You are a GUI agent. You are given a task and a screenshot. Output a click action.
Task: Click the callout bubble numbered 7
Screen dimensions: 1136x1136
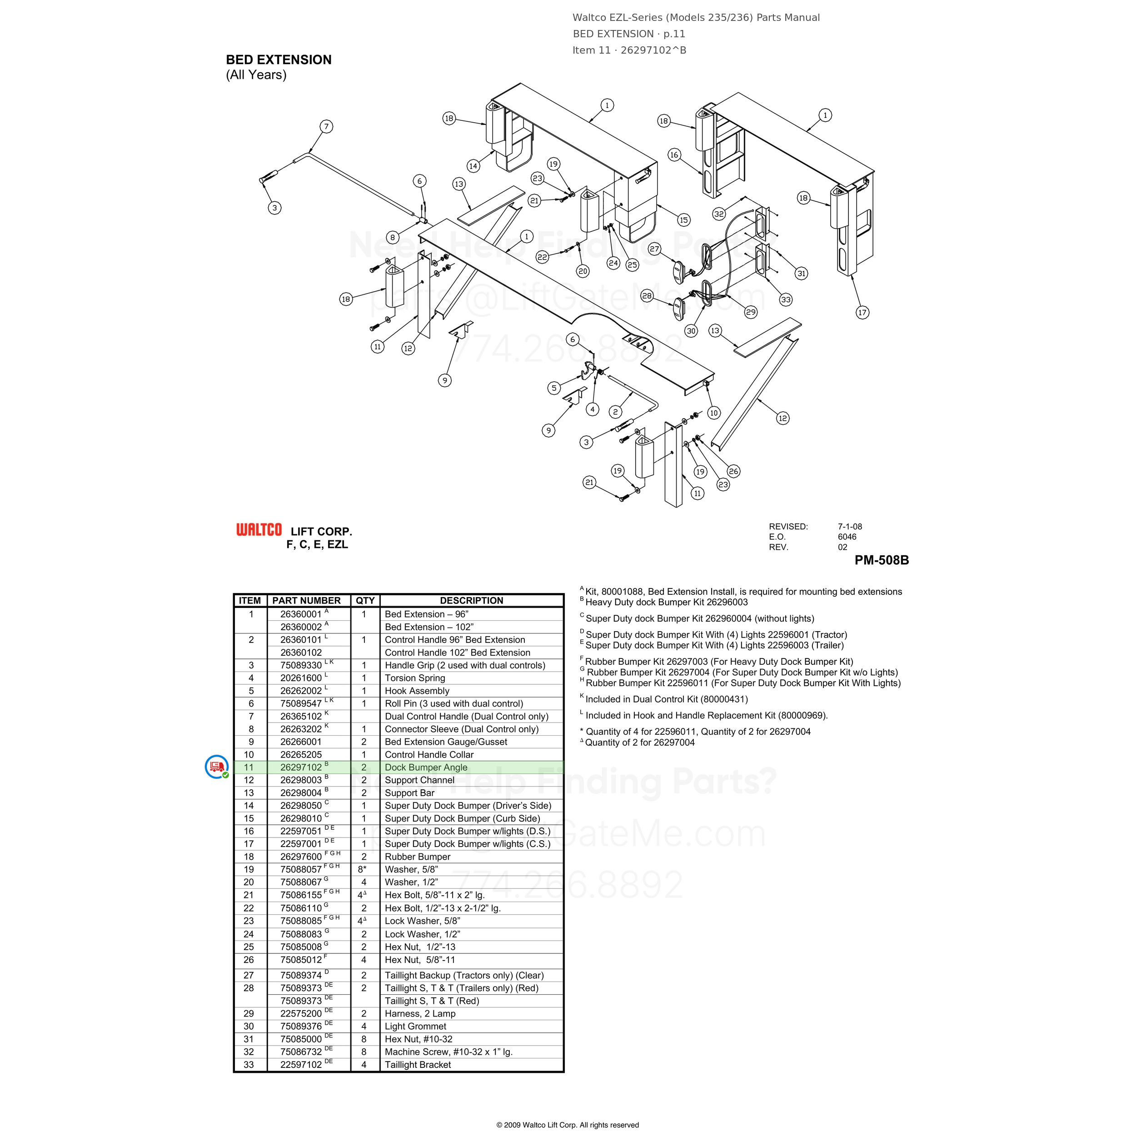[x=326, y=126]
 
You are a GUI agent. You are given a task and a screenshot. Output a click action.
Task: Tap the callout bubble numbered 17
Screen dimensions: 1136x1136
[x=862, y=312]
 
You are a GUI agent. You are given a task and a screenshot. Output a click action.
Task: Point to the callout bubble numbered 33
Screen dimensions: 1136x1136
[x=786, y=299]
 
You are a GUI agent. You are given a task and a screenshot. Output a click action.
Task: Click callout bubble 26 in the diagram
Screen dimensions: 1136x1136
[x=733, y=471]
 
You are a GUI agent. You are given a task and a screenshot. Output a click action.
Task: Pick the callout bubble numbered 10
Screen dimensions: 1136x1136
[x=714, y=413]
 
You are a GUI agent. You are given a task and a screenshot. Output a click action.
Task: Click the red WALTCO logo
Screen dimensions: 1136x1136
[x=259, y=530]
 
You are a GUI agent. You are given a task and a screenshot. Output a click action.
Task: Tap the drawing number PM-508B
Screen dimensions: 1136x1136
[x=882, y=560]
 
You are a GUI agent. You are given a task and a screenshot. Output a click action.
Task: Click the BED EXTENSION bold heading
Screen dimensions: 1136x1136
[x=279, y=60]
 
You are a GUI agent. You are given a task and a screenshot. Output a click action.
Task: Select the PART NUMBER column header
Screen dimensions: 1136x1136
[x=306, y=600]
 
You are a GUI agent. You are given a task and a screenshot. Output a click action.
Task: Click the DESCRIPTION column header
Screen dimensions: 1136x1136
[x=472, y=600]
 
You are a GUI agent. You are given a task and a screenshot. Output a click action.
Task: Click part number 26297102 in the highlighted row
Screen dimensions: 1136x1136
[x=301, y=767]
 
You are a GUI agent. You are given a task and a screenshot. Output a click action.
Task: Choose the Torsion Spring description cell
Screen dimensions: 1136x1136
[x=415, y=678]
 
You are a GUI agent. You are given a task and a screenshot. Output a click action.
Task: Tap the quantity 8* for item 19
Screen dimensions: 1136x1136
[x=362, y=869]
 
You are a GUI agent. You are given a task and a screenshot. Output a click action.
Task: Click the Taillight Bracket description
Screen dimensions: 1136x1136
[x=418, y=1064]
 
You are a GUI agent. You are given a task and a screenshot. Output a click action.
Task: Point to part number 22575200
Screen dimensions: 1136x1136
[x=301, y=1013]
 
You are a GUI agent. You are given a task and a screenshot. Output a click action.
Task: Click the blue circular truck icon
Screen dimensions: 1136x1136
[x=216, y=767]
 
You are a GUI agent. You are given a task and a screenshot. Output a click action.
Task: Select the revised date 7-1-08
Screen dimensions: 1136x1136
[x=850, y=526]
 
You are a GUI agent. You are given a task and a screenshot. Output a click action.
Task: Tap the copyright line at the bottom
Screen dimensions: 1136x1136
[x=568, y=1125]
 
